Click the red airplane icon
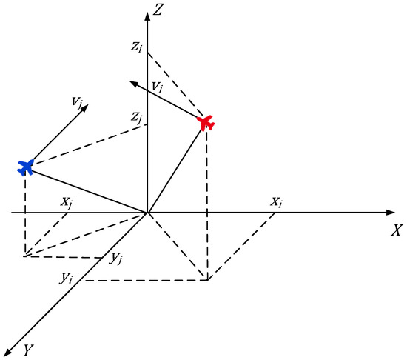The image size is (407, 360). [x=206, y=122]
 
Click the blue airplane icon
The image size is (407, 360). [x=26, y=167]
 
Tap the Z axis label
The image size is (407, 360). [x=159, y=11]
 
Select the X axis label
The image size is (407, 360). [x=396, y=230]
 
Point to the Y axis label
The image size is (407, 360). [x=29, y=348]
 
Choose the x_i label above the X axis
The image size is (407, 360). [x=275, y=201]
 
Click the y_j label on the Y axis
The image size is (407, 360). [x=115, y=259]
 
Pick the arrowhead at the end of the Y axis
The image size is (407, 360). [x=9, y=351]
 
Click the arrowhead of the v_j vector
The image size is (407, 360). [x=85, y=107]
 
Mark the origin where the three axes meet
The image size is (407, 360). [x=148, y=213]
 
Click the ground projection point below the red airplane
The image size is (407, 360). [x=208, y=280]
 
